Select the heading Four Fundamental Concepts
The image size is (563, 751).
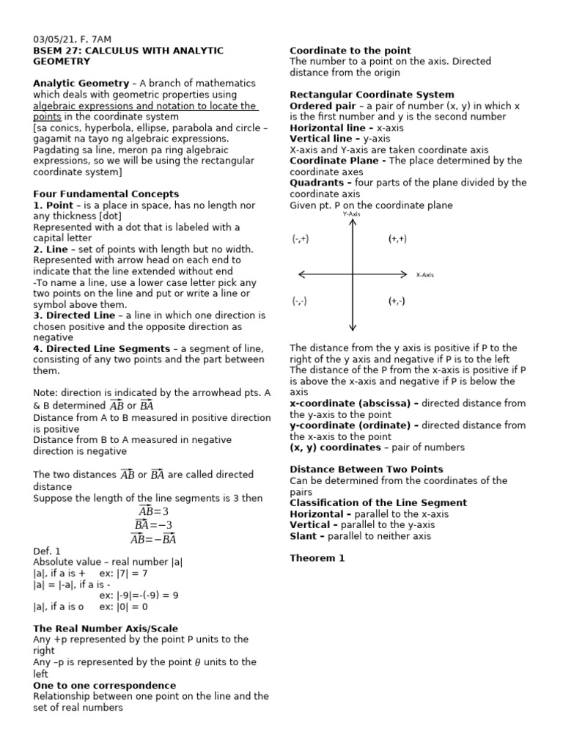click(x=106, y=194)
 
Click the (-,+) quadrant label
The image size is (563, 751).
click(x=301, y=239)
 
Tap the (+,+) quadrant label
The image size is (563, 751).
click(x=397, y=239)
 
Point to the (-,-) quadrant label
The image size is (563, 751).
click(x=299, y=301)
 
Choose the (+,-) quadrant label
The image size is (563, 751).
click(x=397, y=301)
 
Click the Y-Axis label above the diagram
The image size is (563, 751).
click(x=352, y=214)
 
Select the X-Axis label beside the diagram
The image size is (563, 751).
click(x=425, y=275)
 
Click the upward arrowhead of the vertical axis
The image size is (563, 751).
click(x=353, y=222)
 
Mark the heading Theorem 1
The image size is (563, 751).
click(x=317, y=558)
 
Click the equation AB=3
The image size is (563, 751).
click(x=154, y=511)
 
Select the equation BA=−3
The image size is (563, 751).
click(x=154, y=525)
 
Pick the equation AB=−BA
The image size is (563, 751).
click(x=154, y=539)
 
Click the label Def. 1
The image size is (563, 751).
click(x=47, y=551)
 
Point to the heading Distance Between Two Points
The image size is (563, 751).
click(x=366, y=469)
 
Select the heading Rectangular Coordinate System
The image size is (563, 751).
click(x=372, y=95)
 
